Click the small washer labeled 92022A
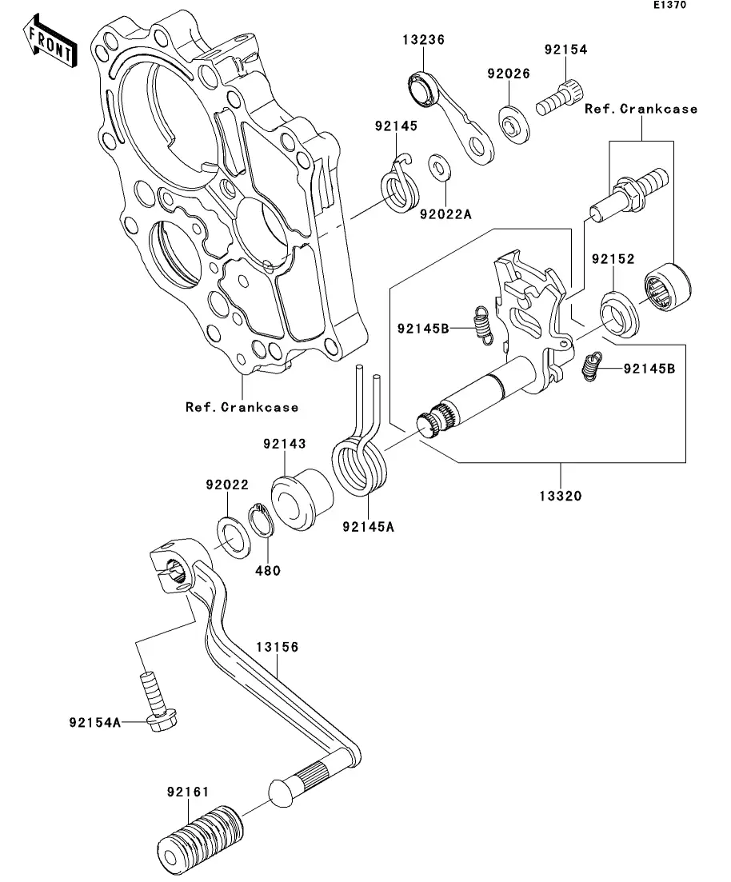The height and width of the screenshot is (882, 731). tap(437, 168)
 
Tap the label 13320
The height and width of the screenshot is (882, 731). tap(560, 496)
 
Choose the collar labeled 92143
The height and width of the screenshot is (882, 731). tap(302, 501)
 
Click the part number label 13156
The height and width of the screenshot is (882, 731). tap(277, 647)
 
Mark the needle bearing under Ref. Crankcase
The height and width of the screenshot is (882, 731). tap(669, 286)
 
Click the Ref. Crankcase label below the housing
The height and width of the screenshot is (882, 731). tap(242, 407)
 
